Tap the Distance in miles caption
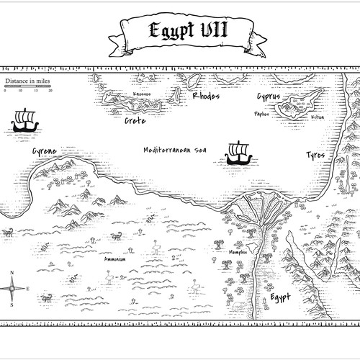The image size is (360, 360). [x=28, y=82]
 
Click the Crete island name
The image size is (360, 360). [x=135, y=121]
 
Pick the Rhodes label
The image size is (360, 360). [x=206, y=96]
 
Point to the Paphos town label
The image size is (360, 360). [x=262, y=113]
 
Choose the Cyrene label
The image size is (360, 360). [x=44, y=151]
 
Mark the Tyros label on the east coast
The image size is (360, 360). [x=315, y=156]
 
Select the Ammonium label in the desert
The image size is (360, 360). [x=115, y=258]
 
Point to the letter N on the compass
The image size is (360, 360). [x=13, y=272]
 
